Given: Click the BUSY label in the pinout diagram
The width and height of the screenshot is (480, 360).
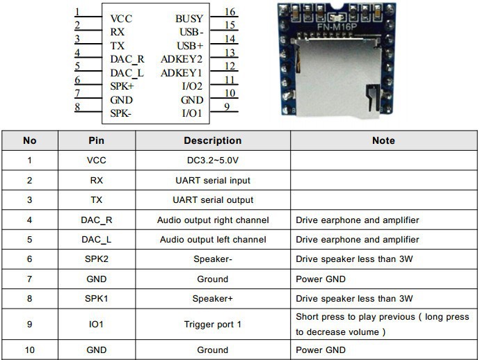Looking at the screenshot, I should point(189,19).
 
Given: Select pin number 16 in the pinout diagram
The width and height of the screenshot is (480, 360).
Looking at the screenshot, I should point(230,12).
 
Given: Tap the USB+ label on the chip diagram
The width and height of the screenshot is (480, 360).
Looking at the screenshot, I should point(190,45).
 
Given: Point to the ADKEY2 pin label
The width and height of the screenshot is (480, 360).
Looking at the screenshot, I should point(182,59).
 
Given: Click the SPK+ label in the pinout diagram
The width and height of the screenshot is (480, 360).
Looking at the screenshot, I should point(122,86).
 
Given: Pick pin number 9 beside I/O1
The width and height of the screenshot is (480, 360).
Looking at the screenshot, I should point(227,107).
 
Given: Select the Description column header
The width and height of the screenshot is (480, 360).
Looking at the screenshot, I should point(212,140).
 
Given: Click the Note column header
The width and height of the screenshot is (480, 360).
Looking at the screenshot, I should point(383,140).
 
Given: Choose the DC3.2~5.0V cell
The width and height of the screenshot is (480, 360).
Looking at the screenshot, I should point(212,161).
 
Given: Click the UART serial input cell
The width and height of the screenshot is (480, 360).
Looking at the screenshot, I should point(212,181).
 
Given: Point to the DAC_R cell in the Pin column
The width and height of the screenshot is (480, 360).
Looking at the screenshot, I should point(96,220).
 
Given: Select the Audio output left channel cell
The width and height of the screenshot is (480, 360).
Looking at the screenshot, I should point(212,240).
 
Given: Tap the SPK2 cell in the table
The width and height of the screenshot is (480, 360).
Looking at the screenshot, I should point(96,259).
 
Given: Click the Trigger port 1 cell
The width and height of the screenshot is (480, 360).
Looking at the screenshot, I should point(212,324).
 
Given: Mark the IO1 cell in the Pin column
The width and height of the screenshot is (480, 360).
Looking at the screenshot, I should point(96,324).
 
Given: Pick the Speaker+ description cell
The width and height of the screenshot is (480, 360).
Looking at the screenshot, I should point(212,299).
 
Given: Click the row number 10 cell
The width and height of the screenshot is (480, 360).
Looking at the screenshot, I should point(30,350).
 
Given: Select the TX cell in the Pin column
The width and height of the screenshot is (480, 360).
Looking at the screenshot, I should point(96,200).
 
